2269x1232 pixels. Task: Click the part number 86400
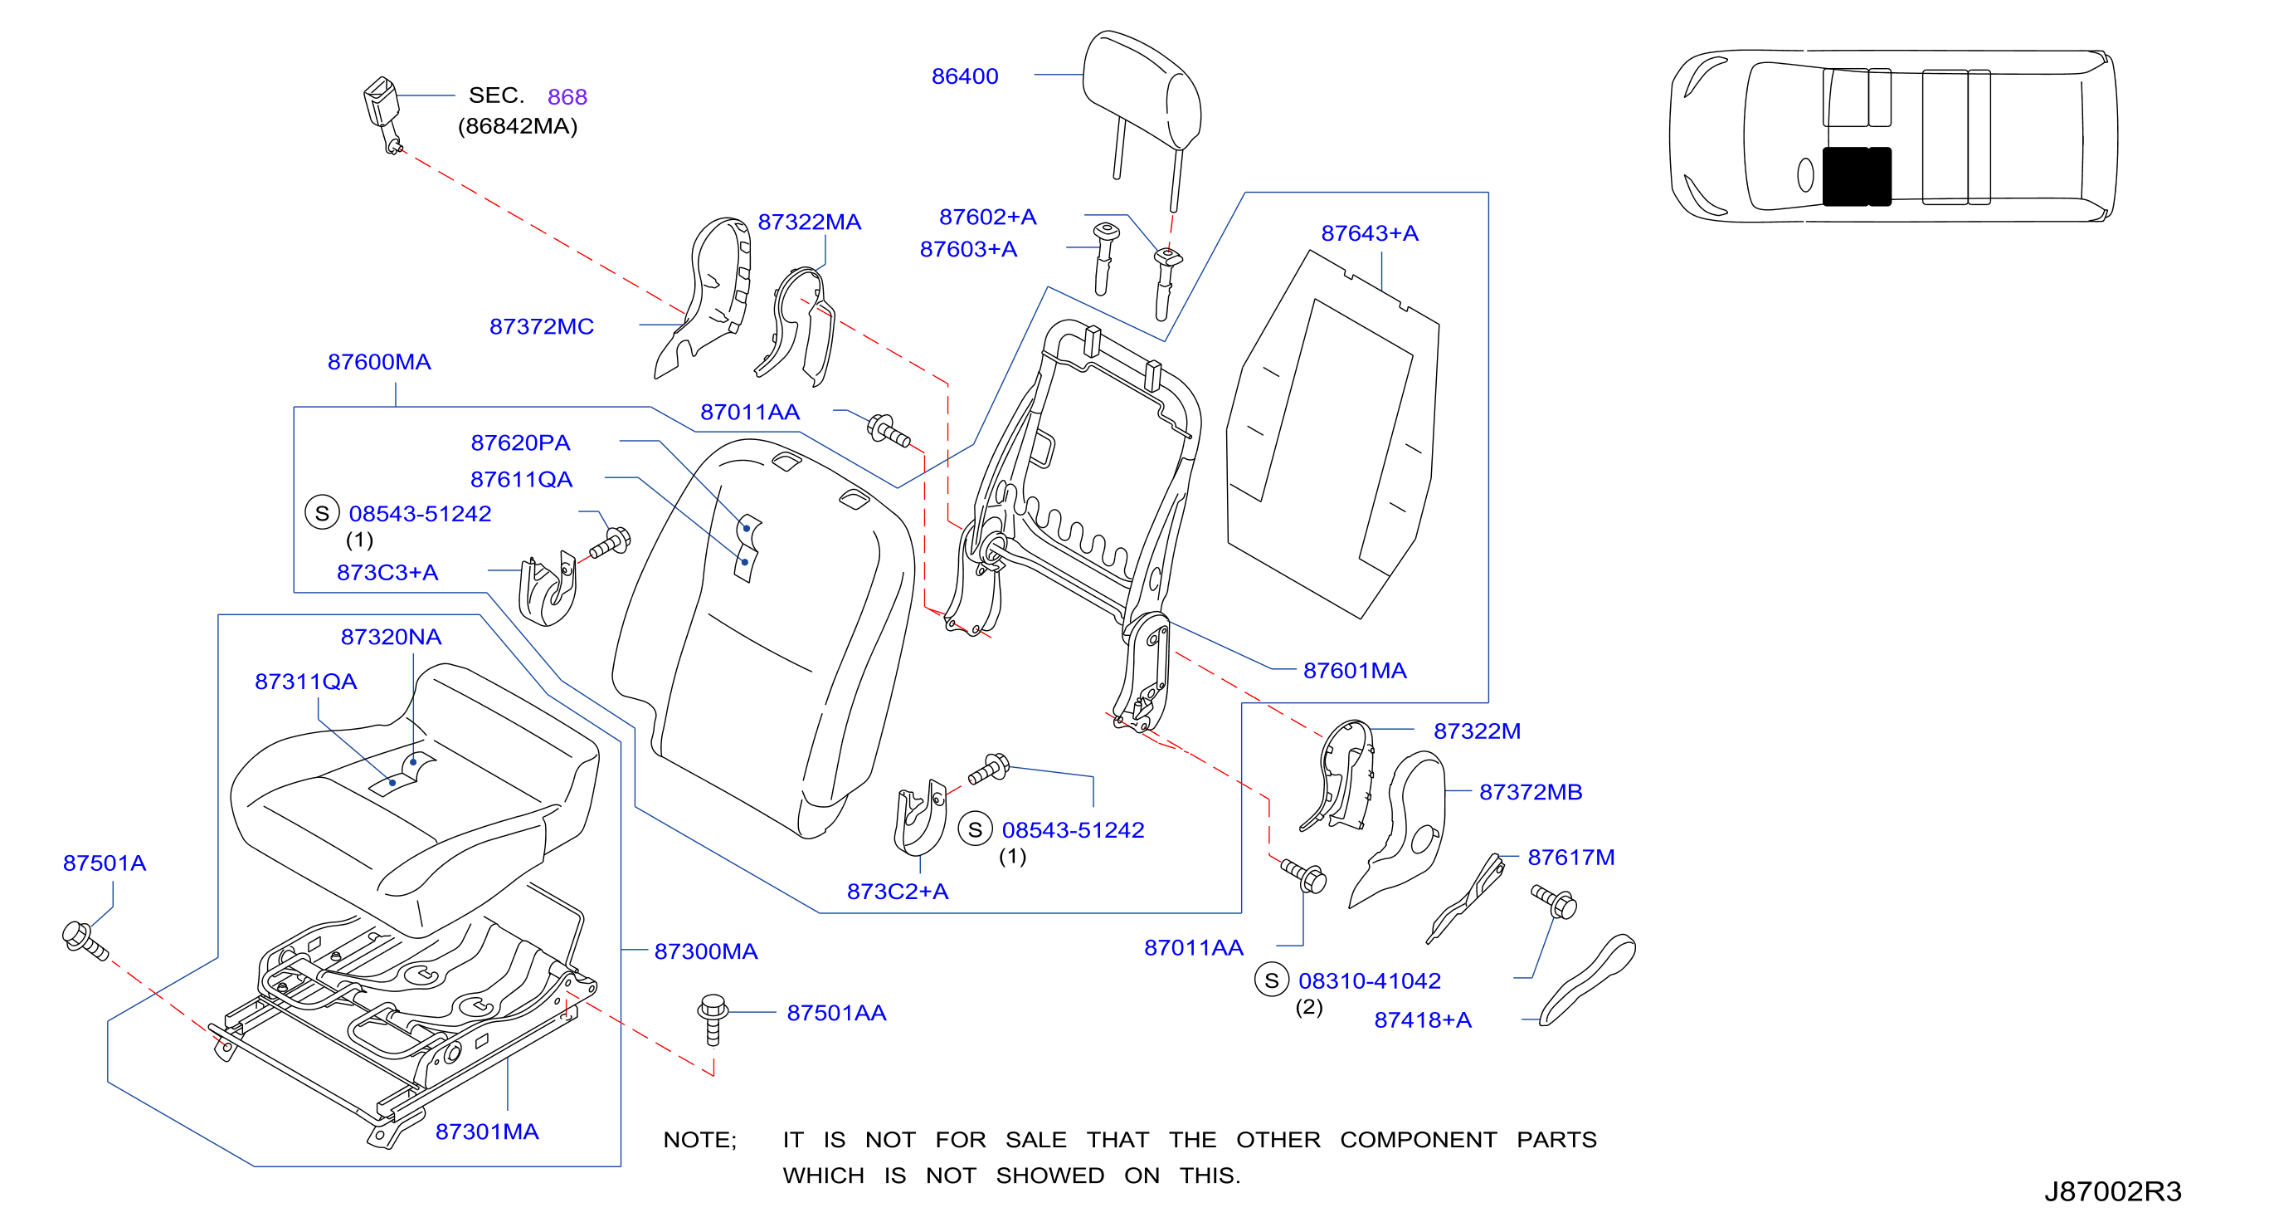[x=965, y=76]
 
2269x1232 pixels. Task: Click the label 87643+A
[x=1369, y=233]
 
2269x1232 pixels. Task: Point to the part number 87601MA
[x=1354, y=671]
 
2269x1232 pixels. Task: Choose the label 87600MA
[x=379, y=362]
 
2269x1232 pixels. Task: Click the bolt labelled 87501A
[x=85, y=941]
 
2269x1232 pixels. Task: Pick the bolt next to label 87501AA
[x=713, y=1019]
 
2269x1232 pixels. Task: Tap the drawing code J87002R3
[x=2112, y=1191]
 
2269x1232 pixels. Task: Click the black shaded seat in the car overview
[x=1856, y=176]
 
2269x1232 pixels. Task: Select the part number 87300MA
[x=705, y=951]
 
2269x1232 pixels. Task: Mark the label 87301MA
[x=486, y=1132]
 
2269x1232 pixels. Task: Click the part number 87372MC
[x=541, y=327]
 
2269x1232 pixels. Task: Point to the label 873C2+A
[x=898, y=892]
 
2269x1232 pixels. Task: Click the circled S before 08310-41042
[x=1271, y=980]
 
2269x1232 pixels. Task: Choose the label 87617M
[x=1570, y=858]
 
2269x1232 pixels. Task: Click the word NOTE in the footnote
[x=696, y=1141]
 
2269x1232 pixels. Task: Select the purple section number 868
[x=567, y=97]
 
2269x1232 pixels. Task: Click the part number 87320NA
[x=391, y=637]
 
